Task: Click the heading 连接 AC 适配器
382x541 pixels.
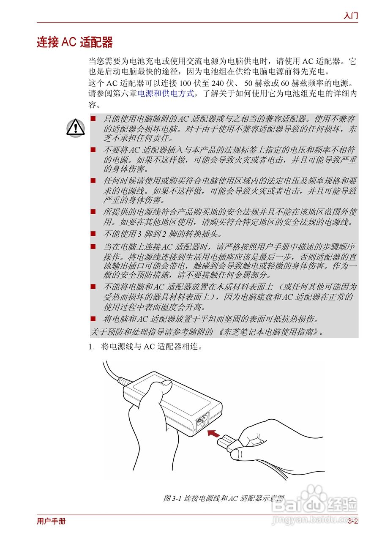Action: [x=75, y=43]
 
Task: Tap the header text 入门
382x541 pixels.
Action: [x=351, y=16]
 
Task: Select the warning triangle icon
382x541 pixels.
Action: [x=75, y=127]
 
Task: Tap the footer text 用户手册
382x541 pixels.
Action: [x=51, y=521]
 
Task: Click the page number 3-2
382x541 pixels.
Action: [x=353, y=521]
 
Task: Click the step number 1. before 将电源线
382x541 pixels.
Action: [x=91, y=347]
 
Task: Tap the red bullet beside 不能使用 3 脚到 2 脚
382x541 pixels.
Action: [x=93, y=233]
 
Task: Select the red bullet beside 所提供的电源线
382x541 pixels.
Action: [x=93, y=211]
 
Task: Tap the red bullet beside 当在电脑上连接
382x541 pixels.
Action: [x=93, y=246]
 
